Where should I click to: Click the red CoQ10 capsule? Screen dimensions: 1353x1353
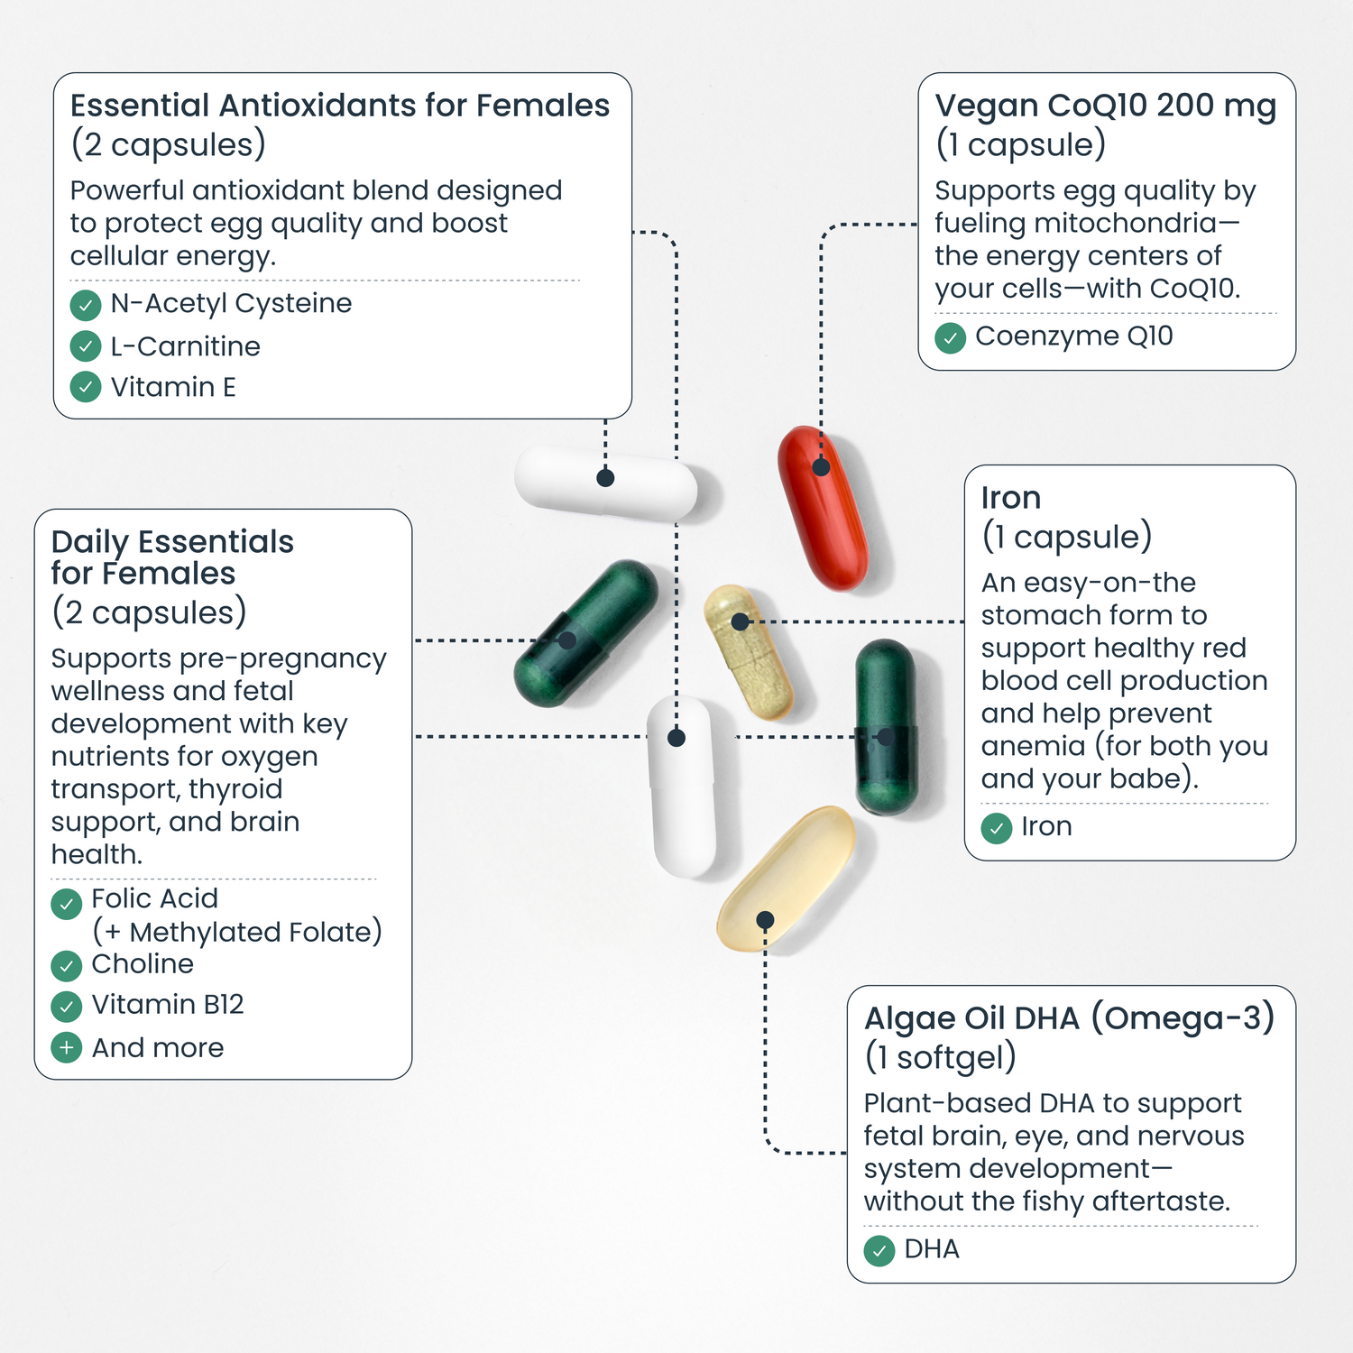823,508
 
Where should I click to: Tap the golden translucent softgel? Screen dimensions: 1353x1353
786,879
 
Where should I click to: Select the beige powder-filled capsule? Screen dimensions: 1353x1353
748,650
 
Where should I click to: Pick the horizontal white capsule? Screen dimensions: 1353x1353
606,483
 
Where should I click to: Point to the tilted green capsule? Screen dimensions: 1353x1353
586,632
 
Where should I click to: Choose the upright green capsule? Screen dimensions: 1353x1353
887,726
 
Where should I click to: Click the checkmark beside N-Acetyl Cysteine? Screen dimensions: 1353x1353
86,305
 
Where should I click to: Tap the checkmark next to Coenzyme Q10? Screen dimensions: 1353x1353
951,338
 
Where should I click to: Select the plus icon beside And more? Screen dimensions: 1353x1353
67,1048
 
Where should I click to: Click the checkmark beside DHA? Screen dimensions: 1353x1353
879,1251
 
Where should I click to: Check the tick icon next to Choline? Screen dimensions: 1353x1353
67,966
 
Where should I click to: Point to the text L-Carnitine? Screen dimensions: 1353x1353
186,346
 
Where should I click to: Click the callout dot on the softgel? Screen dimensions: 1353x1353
765,920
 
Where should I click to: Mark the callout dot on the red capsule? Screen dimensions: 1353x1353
821,467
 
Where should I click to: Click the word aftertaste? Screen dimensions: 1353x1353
1162,1201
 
